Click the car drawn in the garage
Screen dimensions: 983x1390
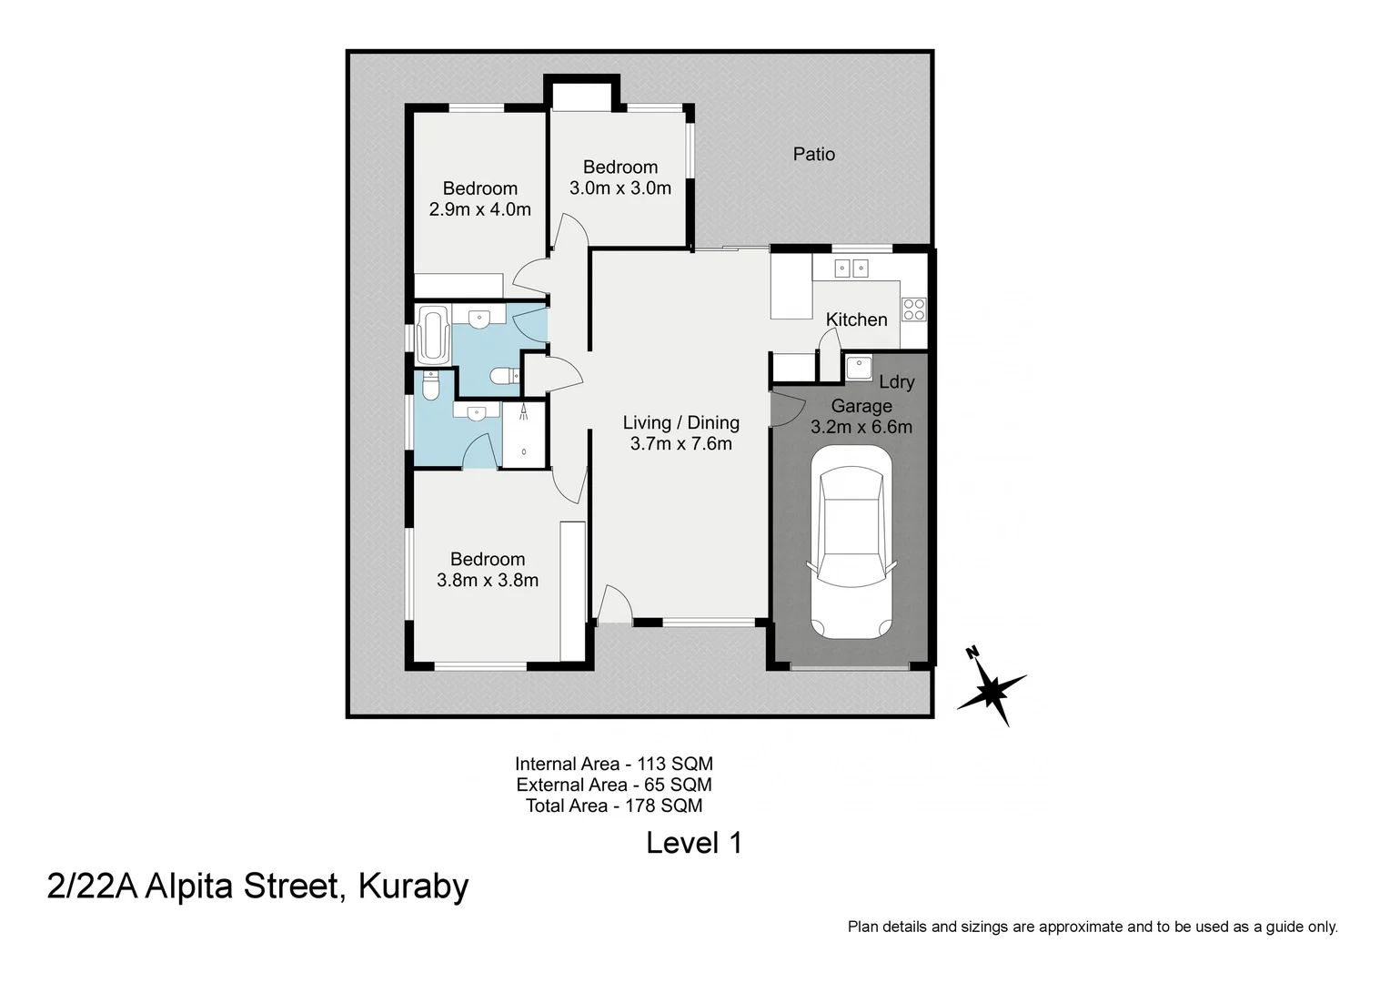[x=851, y=542]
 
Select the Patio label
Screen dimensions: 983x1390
[x=813, y=154]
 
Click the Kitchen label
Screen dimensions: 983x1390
[x=856, y=319]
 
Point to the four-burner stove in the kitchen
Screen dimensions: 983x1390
[x=913, y=309]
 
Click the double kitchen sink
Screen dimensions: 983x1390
[x=851, y=268]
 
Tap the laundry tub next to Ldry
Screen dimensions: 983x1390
[x=858, y=368]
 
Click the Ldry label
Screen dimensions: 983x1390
[x=896, y=382]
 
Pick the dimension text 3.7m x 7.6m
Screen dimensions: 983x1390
[x=680, y=444]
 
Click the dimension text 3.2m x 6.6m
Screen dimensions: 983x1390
[x=861, y=427]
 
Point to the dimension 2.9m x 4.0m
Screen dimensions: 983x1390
[x=479, y=209]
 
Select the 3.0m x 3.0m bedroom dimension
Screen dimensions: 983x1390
[x=619, y=188]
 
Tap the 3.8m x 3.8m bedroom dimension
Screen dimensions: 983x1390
[x=488, y=581]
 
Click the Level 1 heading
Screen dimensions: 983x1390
[x=694, y=843]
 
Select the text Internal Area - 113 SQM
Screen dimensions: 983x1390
[x=613, y=764]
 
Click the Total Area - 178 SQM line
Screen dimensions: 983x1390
[x=613, y=806]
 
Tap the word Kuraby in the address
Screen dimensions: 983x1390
[x=414, y=886]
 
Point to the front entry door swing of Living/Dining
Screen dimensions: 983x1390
[x=614, y=604]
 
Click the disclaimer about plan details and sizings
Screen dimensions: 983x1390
[x=1092, y=927]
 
